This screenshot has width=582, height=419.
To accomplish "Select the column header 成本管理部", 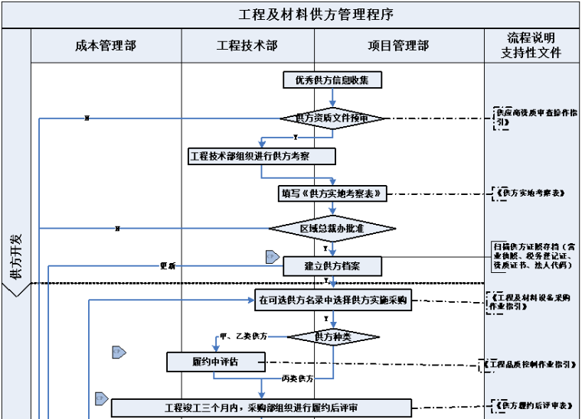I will [x=106, y=46].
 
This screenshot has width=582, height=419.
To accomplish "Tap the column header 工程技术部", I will [x=248, y=46].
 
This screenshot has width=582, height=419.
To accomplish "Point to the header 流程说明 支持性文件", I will [x=531, y=46].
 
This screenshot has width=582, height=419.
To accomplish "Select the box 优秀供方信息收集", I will [x=332, y=80].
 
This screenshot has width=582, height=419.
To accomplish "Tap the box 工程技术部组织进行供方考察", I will [x=262, y=156].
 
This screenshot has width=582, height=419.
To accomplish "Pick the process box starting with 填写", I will [x=332, y=194].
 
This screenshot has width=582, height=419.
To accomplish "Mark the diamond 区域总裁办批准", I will [x=332, y=229].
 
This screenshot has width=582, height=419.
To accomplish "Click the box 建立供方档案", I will [x=332, y=266].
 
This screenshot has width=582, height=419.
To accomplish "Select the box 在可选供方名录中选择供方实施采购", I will [x=333, y=301].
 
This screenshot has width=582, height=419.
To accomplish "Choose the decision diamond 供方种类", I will [x=333, y=336].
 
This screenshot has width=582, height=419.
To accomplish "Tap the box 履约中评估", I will [x=215, y=361].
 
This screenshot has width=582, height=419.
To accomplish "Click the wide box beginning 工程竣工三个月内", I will [x=262, y=408].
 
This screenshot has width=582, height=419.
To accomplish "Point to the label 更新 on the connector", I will [x=168, y=266].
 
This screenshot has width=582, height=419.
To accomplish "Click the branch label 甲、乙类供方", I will [x=243, y=336].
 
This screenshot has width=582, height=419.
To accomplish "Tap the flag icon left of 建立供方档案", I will [x=272, y=257].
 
